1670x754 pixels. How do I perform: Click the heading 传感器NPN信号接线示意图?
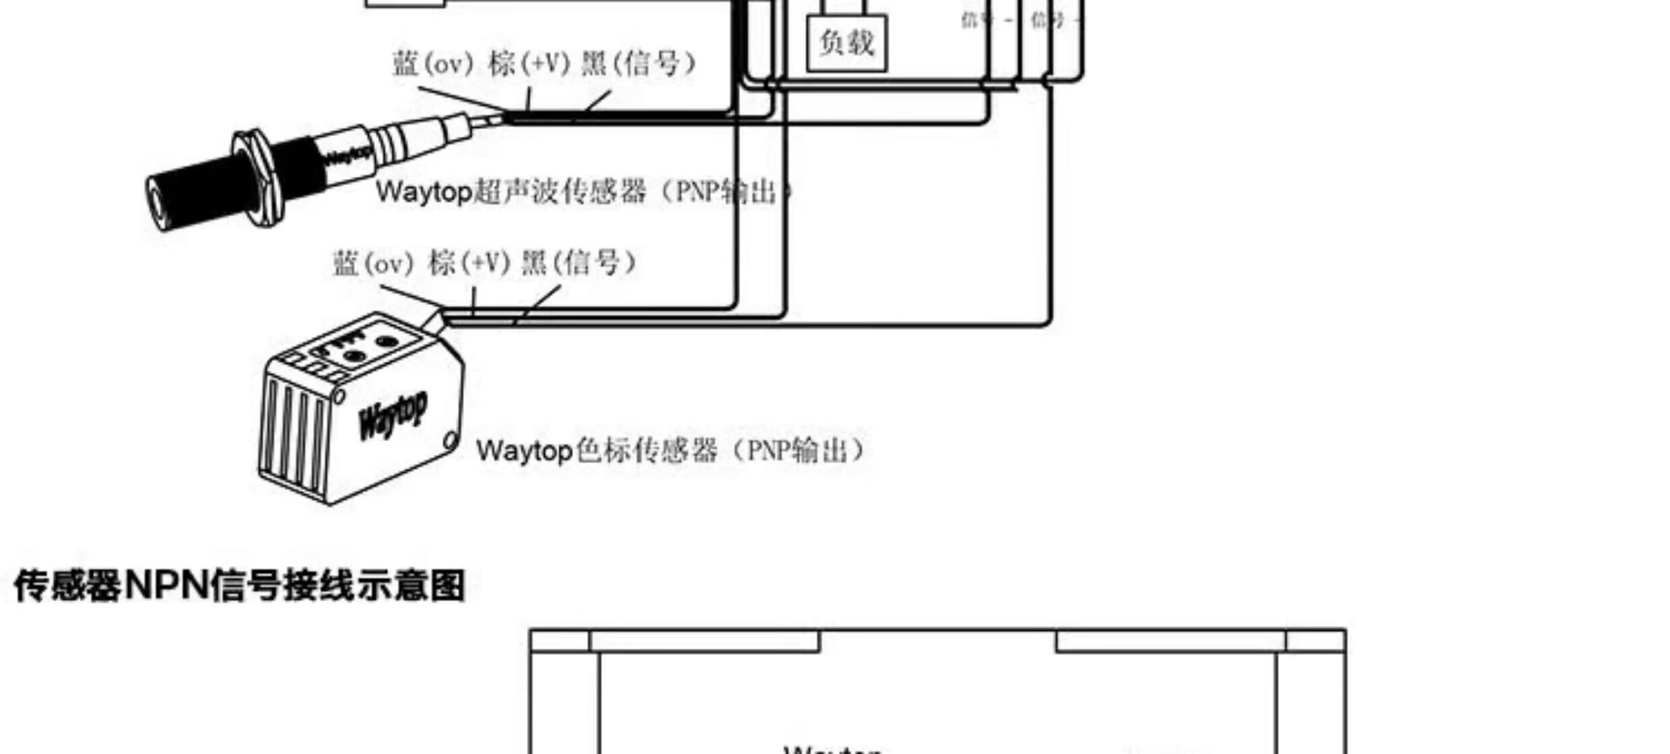pos(239,586)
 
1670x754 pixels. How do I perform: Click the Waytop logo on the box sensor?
pos(393,414)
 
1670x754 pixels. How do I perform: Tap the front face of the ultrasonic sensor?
pos(158,202)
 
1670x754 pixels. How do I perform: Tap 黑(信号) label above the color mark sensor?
pos(578,263)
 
